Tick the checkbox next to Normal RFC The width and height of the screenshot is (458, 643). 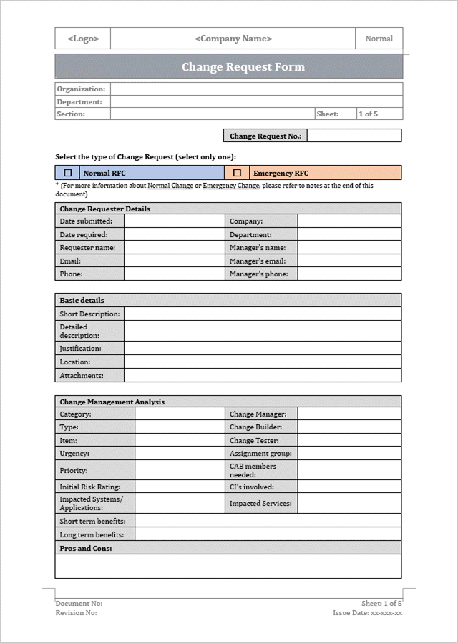coord(68,173)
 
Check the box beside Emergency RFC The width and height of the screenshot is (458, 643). coord(237,173)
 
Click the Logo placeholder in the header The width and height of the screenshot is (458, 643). coord(83,39)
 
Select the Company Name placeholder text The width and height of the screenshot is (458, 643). coord(233,39)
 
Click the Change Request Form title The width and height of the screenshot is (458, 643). coord(243,67)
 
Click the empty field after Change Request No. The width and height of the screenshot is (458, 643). coord(354,136)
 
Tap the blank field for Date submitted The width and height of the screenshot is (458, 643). coord(174,221)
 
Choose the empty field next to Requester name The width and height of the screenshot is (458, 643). coord(174,247)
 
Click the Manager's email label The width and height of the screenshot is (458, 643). coord(258,261)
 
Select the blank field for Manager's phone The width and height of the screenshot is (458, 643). coord(349,274)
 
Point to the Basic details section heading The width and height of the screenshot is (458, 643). coord(82,300)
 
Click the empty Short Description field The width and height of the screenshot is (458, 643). coord(262,314)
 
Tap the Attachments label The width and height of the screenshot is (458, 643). coord(82,375)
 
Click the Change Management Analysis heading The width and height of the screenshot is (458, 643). coord(112,402)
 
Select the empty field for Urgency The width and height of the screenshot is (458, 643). coord(179,453)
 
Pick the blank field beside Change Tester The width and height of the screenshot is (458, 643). coord(349,440)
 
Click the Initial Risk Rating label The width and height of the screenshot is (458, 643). coord(89,487)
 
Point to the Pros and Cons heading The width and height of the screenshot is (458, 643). coord(86,548)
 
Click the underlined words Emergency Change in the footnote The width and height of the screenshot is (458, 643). coord(230,186)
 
